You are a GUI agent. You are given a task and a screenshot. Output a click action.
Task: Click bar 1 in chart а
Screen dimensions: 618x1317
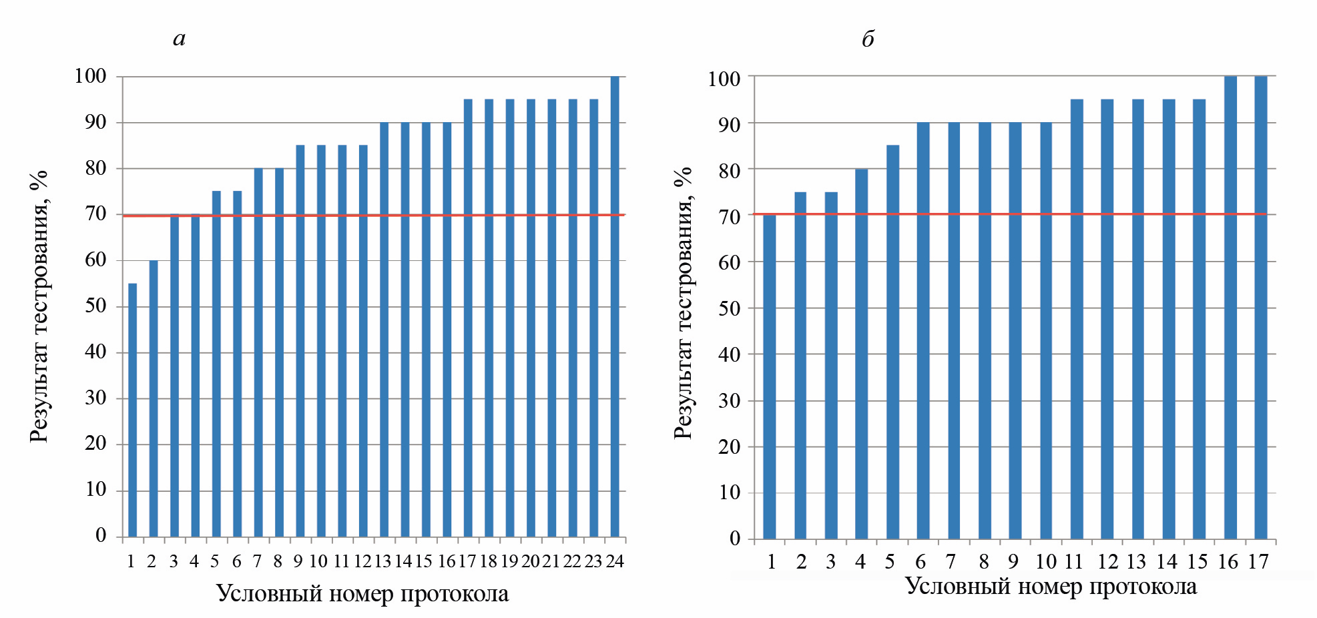[x=132, y=410]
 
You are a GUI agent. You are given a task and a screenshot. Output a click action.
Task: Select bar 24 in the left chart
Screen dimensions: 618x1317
[x=615, y=306]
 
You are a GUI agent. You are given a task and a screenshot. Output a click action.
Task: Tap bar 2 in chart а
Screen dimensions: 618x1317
[x=154, y=398]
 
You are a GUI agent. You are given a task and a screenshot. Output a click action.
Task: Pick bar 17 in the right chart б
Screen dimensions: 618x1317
[x=1260, y=307]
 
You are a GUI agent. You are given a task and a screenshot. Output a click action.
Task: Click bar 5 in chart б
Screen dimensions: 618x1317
[x=892, y=342]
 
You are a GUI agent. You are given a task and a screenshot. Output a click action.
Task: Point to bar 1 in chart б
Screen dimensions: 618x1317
[x=770, y=376]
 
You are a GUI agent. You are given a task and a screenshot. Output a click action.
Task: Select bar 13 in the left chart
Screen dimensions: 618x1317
[x=384, y=330]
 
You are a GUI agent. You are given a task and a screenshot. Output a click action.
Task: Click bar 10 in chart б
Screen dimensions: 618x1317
[x=1045, y=330]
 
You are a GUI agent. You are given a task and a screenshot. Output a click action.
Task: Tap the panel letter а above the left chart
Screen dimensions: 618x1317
[x=179, y=39]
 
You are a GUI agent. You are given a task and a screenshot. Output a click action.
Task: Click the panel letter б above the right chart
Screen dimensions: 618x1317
[x=868, y=39]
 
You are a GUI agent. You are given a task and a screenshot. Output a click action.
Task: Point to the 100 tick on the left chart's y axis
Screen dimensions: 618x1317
[x=90, y=76]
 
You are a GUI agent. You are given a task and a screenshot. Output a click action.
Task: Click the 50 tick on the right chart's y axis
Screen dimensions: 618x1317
[x=729, y=308]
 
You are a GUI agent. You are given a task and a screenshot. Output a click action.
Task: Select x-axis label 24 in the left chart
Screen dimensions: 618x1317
[x=615, y=561]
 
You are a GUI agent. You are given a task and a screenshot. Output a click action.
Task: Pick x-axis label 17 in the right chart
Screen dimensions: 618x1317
[x=1258, y=562]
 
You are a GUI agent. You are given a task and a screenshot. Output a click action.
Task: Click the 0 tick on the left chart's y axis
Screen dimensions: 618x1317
[x=101, y=535]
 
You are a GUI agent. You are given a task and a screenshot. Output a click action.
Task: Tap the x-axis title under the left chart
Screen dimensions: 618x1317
[x=362, y=593]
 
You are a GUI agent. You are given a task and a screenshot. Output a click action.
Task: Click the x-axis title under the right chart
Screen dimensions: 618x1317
[x=1051, y=587]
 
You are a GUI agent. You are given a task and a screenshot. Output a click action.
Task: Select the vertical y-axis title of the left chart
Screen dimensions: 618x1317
[x=39, y=306]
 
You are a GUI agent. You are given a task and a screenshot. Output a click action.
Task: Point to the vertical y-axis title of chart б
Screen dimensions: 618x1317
[x=683, y=303]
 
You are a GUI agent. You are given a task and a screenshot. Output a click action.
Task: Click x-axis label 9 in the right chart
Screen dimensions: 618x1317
[x=1014, y=562]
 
